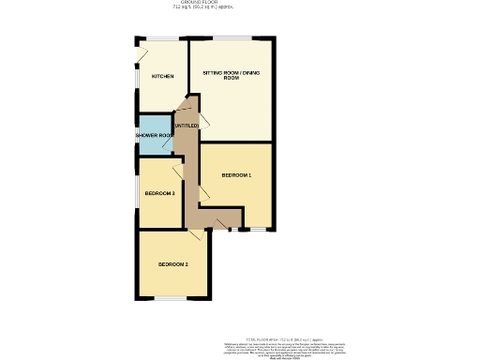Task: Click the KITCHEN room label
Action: (163, 76)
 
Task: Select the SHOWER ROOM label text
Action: (154, 136)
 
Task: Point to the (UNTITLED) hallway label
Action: (187, 126)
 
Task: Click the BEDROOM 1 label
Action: (236, 175)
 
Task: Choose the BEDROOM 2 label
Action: (172, 265)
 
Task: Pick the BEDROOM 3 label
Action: (159, 193)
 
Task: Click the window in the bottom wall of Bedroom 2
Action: (170, 299)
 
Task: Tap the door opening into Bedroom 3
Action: (177, 171)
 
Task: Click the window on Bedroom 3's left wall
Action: (138, 193)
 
